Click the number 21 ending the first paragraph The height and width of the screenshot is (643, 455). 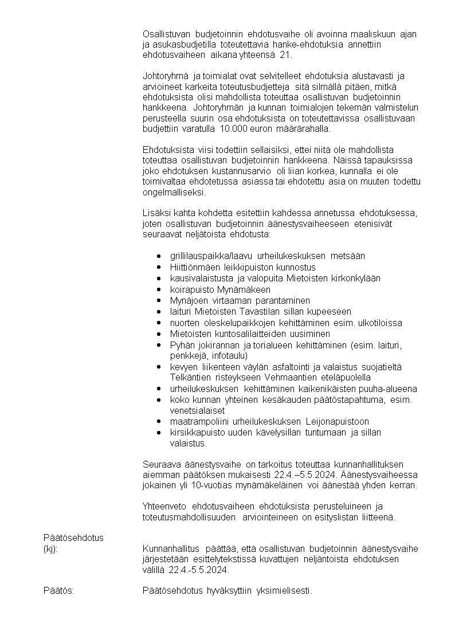pyautogui.click(x=285, y=55)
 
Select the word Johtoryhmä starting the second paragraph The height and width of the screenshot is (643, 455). pyautogui.click(x=166, y=76)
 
